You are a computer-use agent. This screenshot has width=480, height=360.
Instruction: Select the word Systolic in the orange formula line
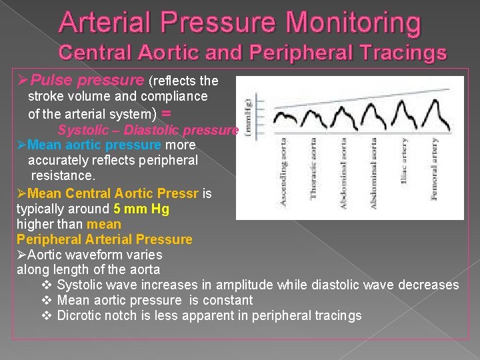81,130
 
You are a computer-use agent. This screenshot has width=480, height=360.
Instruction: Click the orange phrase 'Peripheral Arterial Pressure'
104,239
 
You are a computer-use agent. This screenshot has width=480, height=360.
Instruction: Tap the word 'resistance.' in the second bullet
63,175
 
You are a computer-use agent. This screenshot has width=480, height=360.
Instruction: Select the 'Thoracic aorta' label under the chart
313,168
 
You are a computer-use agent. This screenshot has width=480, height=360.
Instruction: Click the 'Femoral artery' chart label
434,169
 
